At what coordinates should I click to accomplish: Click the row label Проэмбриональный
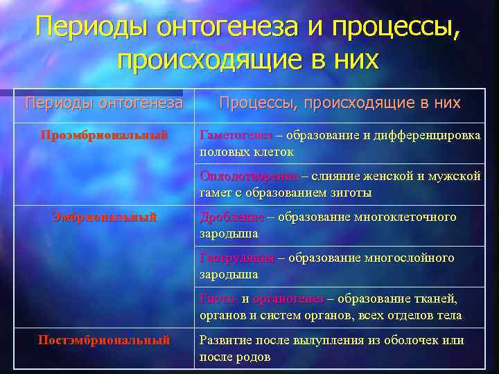104,136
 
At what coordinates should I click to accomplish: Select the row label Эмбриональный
105,217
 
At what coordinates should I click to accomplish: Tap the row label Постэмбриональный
104,340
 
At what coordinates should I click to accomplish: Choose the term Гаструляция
236,258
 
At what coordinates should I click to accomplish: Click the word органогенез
288,299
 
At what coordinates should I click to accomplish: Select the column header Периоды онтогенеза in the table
104,103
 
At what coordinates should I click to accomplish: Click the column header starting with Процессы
340,103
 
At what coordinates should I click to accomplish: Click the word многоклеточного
405,217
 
